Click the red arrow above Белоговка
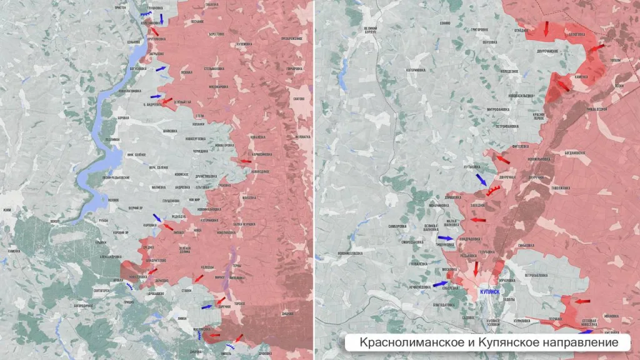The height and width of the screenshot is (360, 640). [546, 28]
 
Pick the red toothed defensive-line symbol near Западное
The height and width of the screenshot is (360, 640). [494, 189]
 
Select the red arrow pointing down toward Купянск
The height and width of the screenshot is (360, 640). [476, 268]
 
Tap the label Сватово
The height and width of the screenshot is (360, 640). [299, 99]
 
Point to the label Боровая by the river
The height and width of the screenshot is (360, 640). [123, 117]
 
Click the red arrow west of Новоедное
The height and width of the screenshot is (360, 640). [246, 161]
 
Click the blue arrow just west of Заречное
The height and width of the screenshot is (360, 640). [206, 307]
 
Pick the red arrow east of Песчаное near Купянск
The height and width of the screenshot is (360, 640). [582, 301]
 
